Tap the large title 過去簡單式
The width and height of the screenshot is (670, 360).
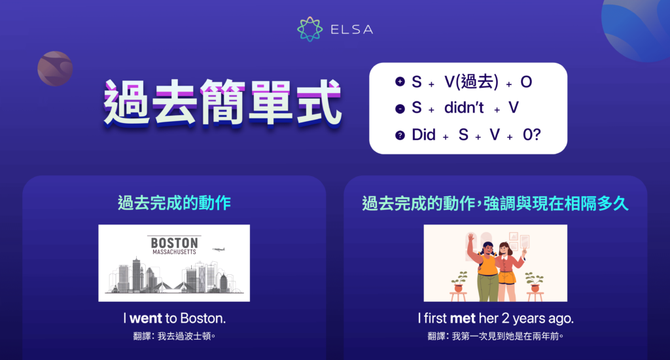[222, 103]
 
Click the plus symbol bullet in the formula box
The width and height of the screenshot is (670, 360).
[400, 82]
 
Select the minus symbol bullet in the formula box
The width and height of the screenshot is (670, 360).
[400, 109]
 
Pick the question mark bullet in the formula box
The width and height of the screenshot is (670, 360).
[400, 135]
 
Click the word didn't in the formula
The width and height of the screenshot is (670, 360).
[464, 108]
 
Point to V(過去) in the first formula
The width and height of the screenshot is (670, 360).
[471, 82]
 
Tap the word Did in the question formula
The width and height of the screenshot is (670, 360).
[423, 135]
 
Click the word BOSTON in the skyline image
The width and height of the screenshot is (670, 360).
[174, 242]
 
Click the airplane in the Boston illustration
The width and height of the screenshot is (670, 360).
[219, 249]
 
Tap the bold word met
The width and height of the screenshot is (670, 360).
[458, 319]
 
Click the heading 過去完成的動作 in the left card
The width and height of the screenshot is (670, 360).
[174, 203]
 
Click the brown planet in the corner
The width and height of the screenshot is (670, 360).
[54, 68]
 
